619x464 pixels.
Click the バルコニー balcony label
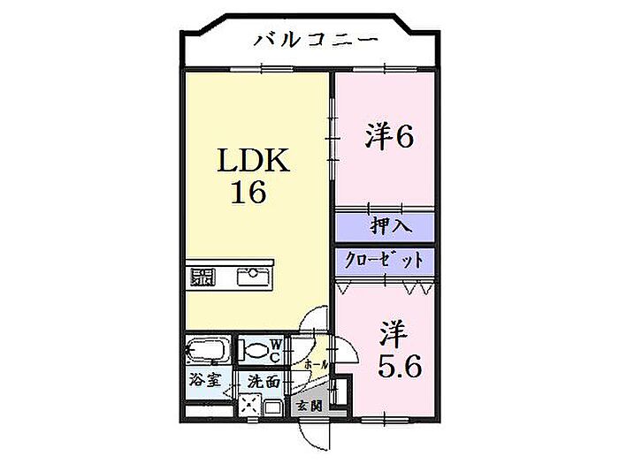coord(317,39)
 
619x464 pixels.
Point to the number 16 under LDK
coord(249,193)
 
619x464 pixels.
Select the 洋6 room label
coord(390,137)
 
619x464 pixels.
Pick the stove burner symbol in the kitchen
coord(203,277)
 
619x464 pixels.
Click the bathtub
coord(208,350)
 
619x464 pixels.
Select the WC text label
coord(275,350)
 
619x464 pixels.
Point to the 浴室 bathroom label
coord(204,382)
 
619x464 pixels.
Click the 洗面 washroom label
coord(263,383)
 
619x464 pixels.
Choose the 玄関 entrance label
coord(309,407)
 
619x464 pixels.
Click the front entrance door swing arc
coord(315,434)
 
